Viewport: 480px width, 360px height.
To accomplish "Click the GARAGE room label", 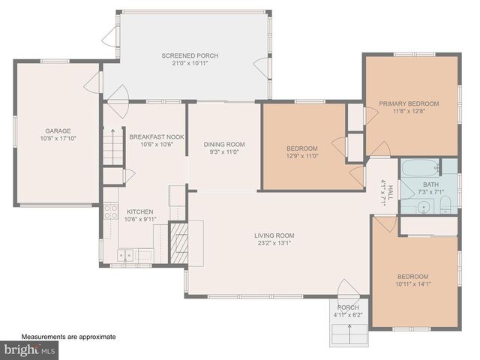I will (57, 130).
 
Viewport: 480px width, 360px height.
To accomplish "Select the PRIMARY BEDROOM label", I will (409, 103).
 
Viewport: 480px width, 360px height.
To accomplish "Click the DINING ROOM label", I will (224, 144).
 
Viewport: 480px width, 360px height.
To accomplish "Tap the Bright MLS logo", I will (30, 349).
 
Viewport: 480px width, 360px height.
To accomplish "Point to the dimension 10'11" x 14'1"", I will (413, 283).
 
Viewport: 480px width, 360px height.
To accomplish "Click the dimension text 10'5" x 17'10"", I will (57, 139).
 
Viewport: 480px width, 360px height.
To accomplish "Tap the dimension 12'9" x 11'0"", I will (302, 155).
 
